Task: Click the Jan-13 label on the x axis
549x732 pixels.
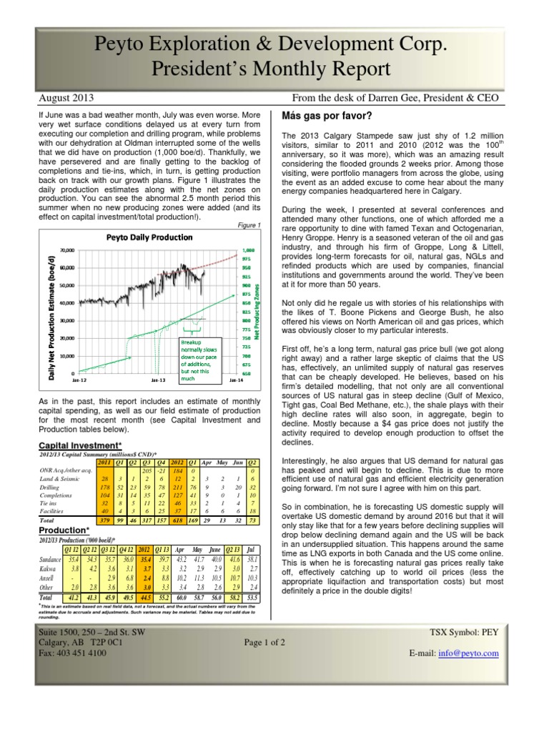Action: coord(159,380)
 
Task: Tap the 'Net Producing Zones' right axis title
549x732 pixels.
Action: coord(256,311)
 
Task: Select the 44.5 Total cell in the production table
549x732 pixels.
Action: coord(146,596)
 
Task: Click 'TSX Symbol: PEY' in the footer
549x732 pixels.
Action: coord(480,633)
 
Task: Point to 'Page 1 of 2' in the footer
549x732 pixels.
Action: coord(264,643)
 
